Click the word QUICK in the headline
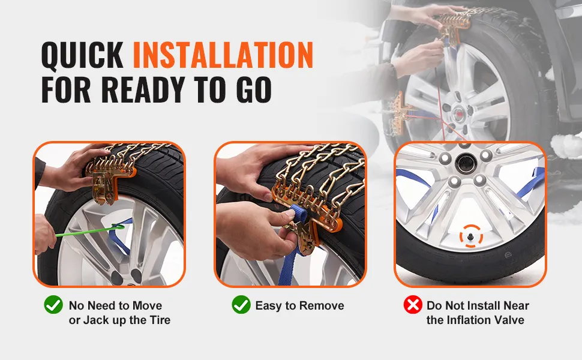[x=82, y=55]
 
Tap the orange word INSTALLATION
[x=223, y=55]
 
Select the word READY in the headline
[x=143, y=89]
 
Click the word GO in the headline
[x=254, y=89]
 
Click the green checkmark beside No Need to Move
[x=53, y=305]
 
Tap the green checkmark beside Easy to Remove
[x=241, y=305]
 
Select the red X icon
[x=413, y=305]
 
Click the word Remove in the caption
[x=322, y=306]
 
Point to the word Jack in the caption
[x=94, y=320]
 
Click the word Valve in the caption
[x=509, y=320]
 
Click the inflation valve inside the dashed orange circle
[x=471, y=236]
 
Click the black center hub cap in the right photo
[x=465, y=163]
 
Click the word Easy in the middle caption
[x=269, y=306]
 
